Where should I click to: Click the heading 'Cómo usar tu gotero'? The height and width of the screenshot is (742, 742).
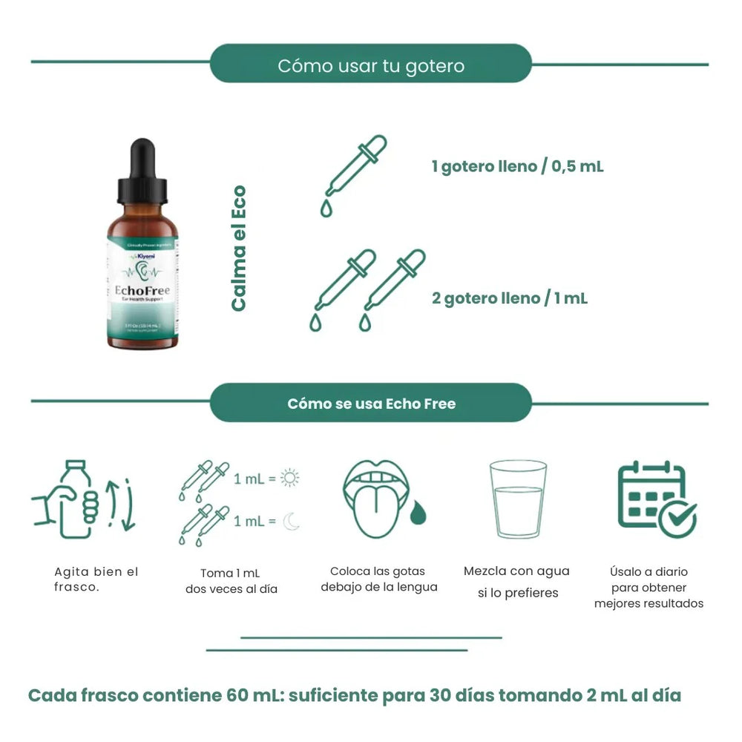(x=371, y=65)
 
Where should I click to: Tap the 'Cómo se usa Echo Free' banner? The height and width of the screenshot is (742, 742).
(x=371, y=404)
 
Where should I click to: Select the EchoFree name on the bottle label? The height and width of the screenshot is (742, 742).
(x=143, y=290)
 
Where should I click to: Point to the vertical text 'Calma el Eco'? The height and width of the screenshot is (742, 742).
(x=237, y=249)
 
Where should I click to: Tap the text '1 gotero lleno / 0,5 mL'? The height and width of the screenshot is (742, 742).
(x=517, y=166)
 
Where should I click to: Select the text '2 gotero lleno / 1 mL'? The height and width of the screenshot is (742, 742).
(x=510, y=298)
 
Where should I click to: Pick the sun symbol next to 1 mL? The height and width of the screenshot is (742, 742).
(x=289, y=479)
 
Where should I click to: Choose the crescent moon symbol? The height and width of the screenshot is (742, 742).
(x=290, y=522)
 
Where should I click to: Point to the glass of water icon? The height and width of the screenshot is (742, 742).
(x=518, y=499)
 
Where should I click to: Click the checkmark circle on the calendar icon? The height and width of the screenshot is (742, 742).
(x=678, y=517)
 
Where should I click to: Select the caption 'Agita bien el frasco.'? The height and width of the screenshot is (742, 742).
(x=96, y=580)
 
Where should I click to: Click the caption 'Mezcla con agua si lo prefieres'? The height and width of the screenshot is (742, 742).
(x=516, y=582)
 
